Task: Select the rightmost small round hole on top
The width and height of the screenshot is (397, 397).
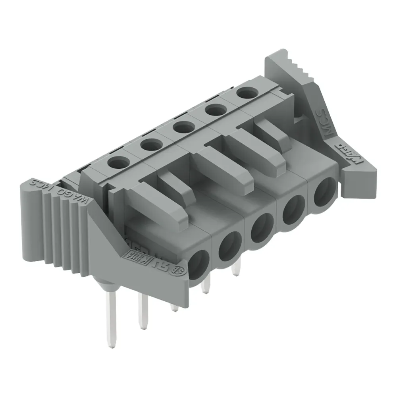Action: pyautogui.click(x=245, y=93)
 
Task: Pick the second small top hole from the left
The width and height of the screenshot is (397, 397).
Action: pyautogui.click(x=150, y=145)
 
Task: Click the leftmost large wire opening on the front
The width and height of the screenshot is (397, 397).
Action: pyautogui.click(x=198, y=265)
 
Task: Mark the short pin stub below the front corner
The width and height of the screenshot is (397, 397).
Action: pyautogui.click(x=174, y=308)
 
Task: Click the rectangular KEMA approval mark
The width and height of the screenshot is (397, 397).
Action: pyautogui.click(x=133, y=254)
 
